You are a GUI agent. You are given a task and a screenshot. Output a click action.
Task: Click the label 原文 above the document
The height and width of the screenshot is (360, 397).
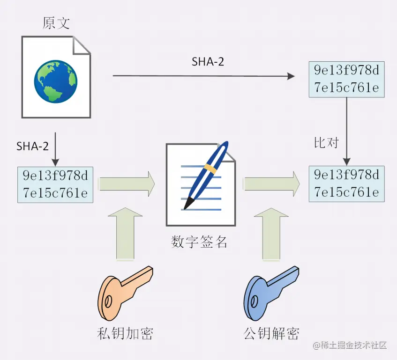click(x=56, y=22)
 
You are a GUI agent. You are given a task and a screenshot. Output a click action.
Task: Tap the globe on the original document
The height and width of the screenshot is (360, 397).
click(x=55, y=81)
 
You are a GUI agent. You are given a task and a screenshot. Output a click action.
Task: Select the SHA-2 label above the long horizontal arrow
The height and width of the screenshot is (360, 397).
click(x=208, y=62)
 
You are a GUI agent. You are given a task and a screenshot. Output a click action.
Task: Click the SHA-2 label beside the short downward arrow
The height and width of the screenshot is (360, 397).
click(x=32, y=146)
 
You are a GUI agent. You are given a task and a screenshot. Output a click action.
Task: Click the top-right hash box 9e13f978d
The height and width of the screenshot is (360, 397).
click(x=346, y=79)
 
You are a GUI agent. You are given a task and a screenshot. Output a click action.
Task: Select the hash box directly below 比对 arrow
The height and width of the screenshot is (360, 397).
click(x=346, y=184)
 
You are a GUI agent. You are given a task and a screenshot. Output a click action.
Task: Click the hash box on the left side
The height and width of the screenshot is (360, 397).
click(x=56, y=184)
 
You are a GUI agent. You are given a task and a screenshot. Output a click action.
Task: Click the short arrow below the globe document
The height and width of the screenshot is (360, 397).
click(x=56, y=149)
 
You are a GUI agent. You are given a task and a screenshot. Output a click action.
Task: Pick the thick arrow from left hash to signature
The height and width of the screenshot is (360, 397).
click(x=127, y=184)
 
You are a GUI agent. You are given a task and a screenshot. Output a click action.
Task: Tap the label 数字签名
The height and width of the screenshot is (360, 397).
click(x=199, y=242)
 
